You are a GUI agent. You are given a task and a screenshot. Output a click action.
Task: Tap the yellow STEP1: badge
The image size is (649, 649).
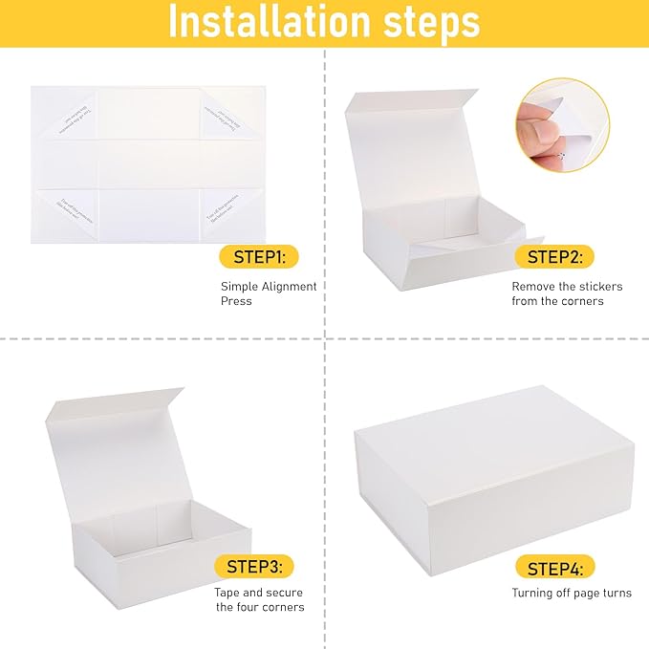(x=259, y=256)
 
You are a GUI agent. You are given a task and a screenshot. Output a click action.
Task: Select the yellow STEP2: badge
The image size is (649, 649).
(x=554, y=256)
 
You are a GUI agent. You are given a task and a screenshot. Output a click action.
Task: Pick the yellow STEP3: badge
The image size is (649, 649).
(x=253, y=567)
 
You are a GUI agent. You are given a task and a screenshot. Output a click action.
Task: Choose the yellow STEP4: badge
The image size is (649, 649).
(x=554, y=569)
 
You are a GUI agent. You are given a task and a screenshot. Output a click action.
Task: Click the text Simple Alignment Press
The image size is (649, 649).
(x=269, y=293)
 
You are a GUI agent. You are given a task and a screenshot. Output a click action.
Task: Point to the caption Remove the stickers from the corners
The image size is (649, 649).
(x=557, y=293)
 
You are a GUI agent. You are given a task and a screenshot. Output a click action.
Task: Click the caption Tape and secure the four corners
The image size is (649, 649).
(x=259, y=599)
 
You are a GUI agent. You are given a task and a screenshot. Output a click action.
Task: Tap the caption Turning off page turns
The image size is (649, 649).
(x=571, y=593)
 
